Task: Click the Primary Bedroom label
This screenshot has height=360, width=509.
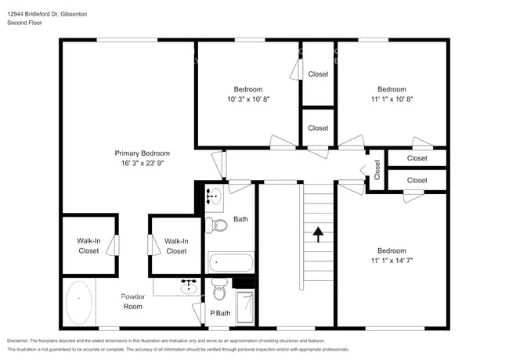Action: click(142, 153)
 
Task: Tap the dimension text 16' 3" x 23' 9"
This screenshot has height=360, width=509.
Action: click(142, 164)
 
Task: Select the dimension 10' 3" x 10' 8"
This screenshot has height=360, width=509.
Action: click(248, 99)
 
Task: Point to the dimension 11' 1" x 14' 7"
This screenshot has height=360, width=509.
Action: click(392, 261)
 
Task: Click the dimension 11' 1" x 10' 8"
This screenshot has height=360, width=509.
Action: click(392, 99)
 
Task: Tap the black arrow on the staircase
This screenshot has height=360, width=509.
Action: click(318, 232)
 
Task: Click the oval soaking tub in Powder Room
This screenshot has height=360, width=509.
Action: click(78, 303)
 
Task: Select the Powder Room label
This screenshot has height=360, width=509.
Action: click(132, 301)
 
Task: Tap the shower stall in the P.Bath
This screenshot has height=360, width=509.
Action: click(245, 308)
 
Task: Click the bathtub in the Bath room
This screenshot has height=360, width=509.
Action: click(231, 262)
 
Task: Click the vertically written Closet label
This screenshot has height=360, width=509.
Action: click(377, 169)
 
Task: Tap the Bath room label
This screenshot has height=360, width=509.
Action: click(240, 219)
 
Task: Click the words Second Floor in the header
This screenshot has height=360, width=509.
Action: click(24, 23)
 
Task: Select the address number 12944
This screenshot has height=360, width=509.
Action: click(16, 13)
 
